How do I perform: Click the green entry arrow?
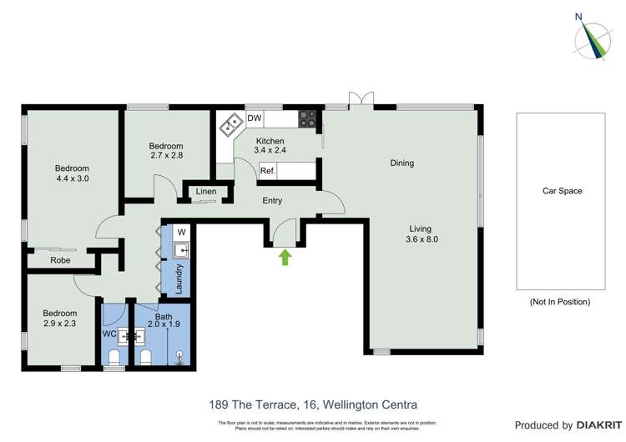285,258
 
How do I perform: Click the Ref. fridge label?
268,171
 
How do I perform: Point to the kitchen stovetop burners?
308,119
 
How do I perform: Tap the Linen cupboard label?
206,193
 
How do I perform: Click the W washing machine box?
181,231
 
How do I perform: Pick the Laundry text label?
179,276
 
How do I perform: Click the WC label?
109,334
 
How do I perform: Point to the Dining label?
401,163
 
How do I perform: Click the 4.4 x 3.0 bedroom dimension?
73,178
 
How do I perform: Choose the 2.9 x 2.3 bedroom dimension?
60,324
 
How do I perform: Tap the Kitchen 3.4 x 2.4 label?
270,146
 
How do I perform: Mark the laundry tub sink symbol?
180,249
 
